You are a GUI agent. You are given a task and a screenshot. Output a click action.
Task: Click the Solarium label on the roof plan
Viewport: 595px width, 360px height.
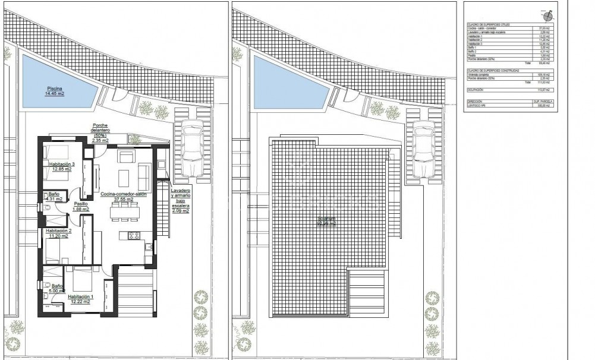click(x=326, y=220)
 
